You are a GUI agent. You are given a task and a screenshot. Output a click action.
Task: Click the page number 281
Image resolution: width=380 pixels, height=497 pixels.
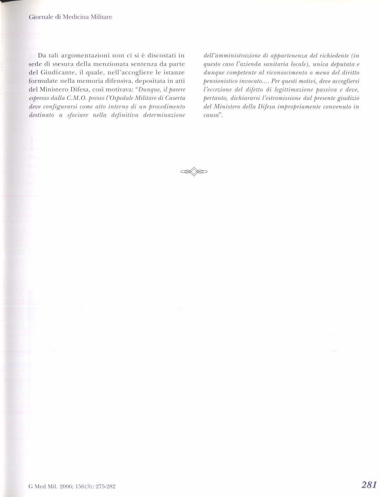pyautogui.click(x=368, y=485)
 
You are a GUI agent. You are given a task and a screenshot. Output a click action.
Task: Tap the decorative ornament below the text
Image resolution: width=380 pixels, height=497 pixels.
pyautogui.click(x=194, y=171)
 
